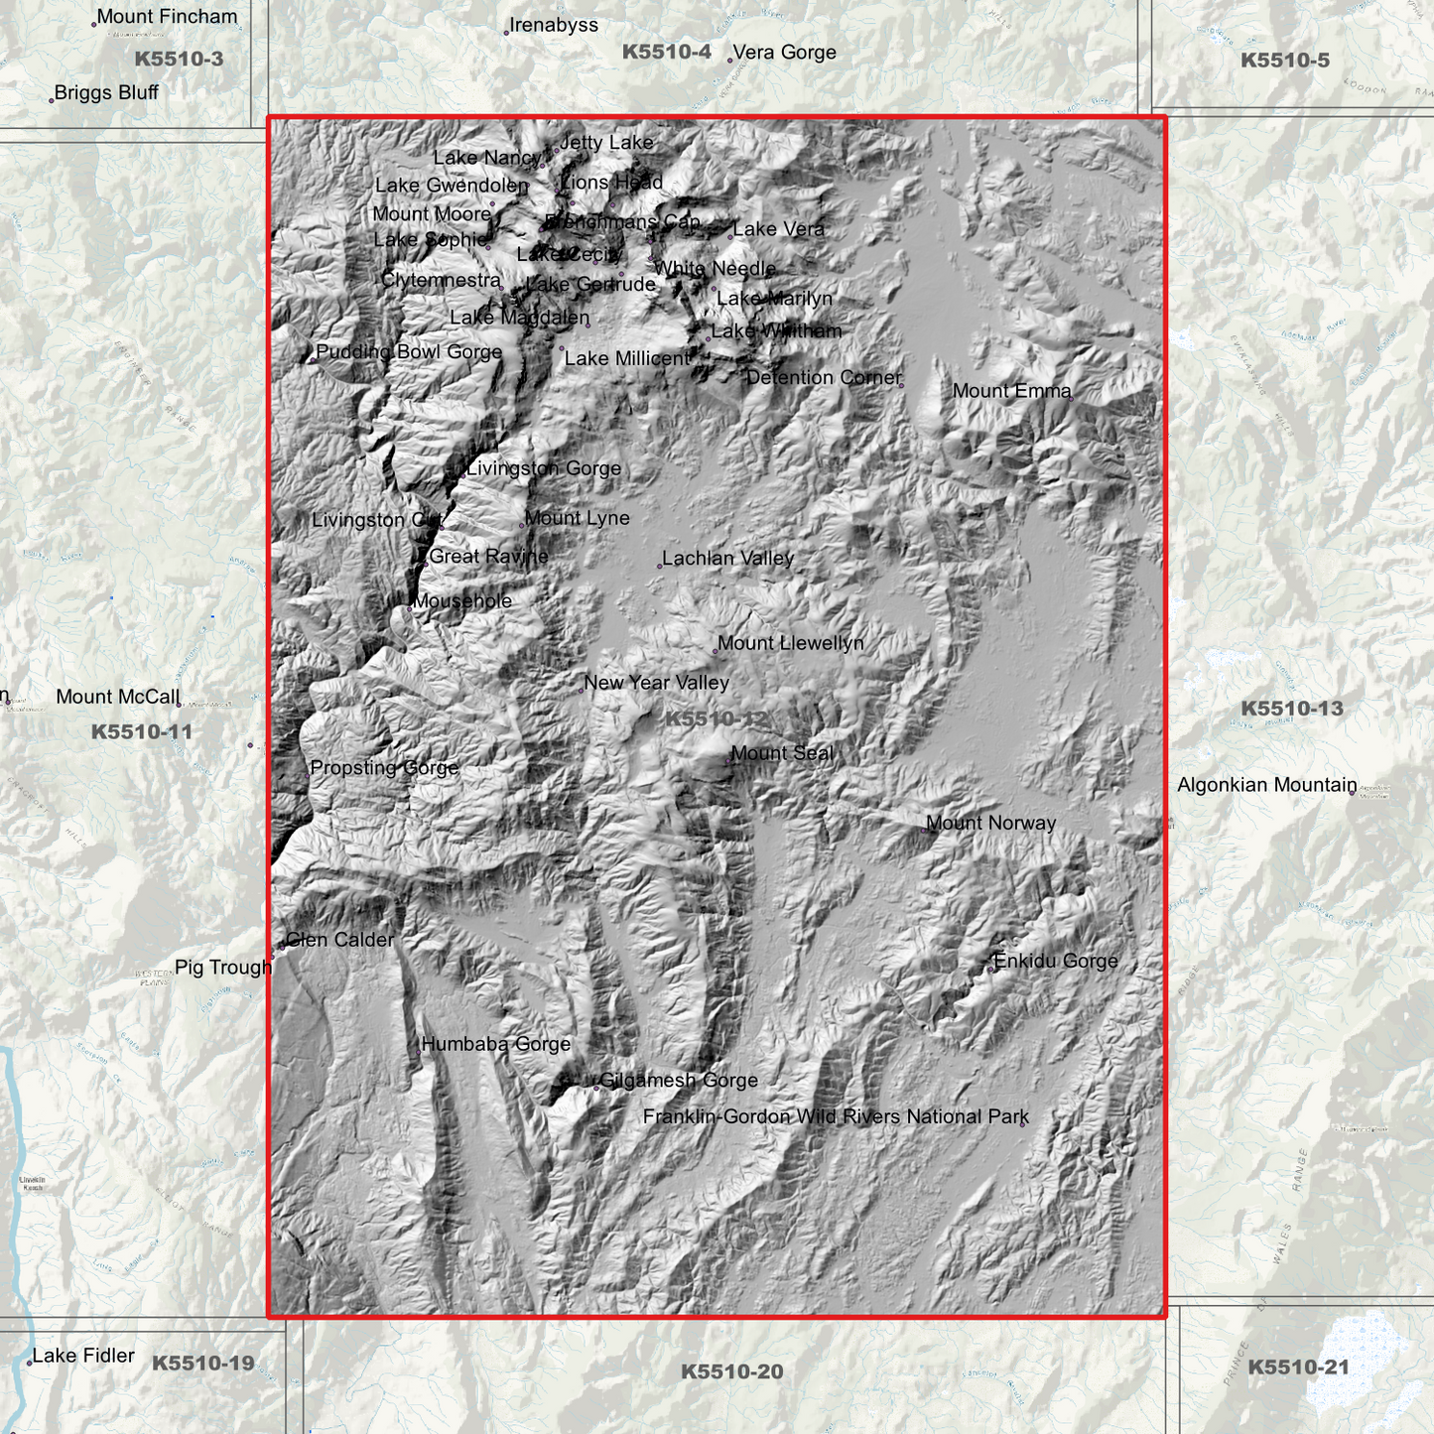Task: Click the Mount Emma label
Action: pos(1011,391)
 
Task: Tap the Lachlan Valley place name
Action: pos(727,559)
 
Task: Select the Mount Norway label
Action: pos(990,823)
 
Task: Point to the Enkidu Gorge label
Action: pos(1055,961)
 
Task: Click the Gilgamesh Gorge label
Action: pos(678,1080)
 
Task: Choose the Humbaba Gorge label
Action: pos(495,1044)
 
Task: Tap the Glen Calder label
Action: pos(339,939)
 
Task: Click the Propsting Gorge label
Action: pos(384,767)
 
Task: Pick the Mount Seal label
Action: pos(782,753)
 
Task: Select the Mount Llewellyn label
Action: pos(790,643)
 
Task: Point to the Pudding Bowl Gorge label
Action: pos(409,352)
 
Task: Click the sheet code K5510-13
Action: pos(1291,709)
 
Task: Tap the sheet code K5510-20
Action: pos(731,1371)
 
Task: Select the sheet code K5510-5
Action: pos(1284,61)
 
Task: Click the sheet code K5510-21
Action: pos(1298,1368)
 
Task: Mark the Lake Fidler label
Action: pos(83,1356)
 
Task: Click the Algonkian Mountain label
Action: pos(1266,785)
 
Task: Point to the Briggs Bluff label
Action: pos(106,92)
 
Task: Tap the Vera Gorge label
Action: pos(784,53)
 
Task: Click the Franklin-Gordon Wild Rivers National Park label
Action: pos(836,1116)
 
